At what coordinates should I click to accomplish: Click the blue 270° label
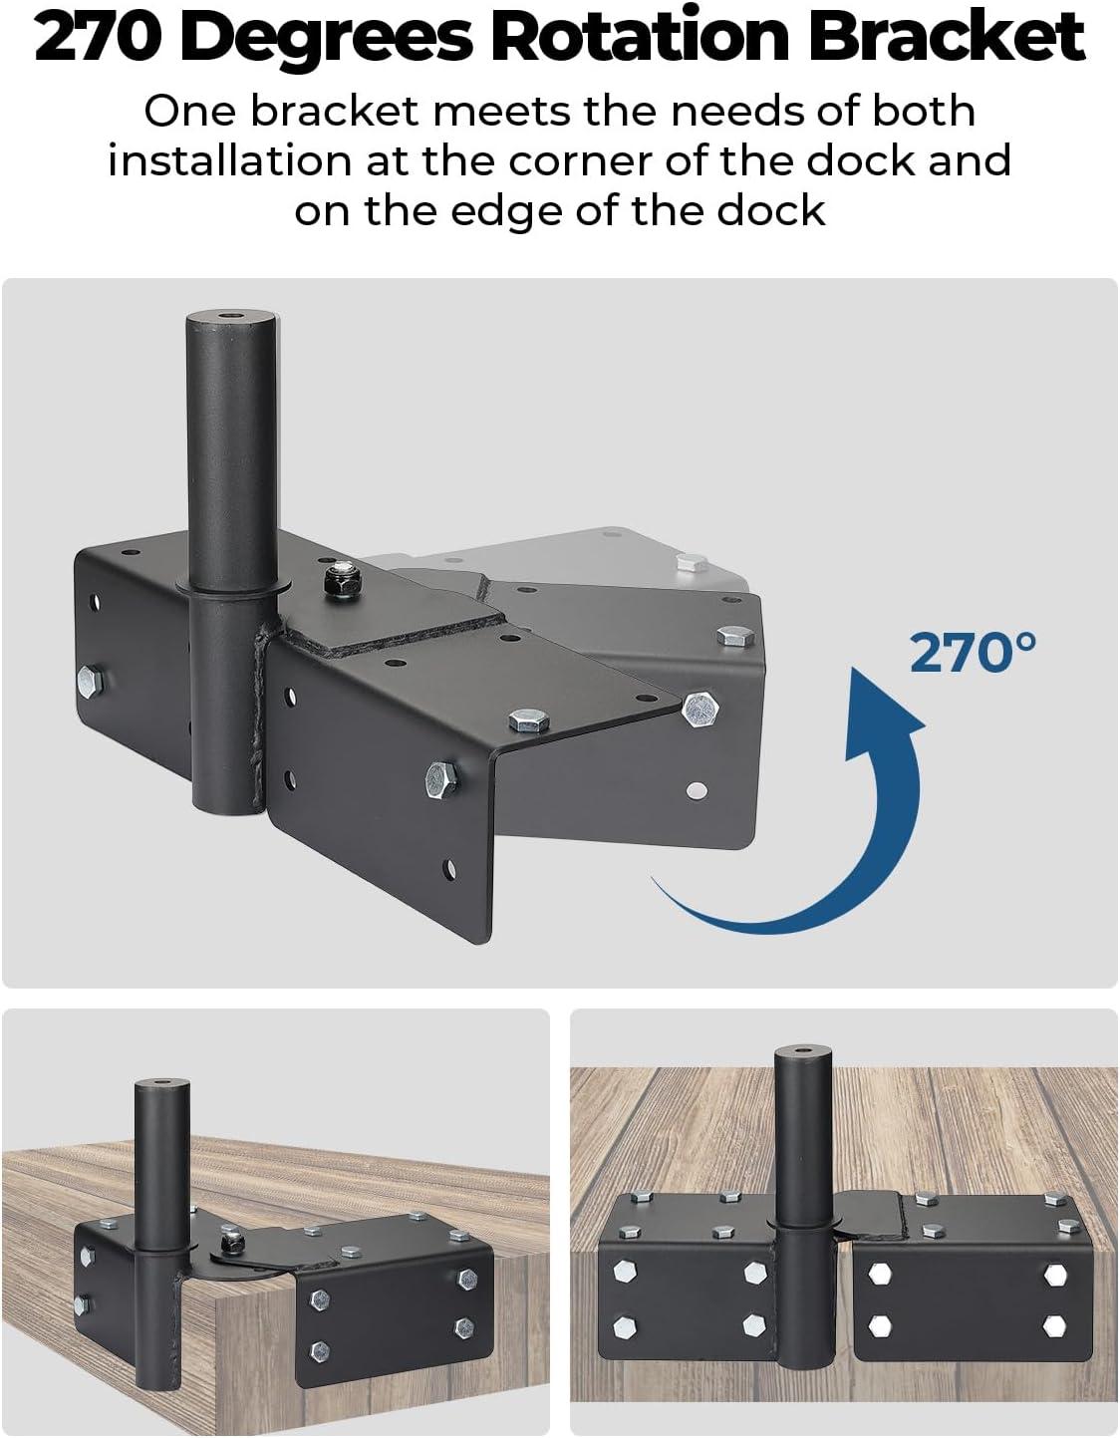973,653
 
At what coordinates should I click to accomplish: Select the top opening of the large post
231,318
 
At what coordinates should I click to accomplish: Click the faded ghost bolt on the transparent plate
692,563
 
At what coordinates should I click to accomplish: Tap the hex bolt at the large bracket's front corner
700,709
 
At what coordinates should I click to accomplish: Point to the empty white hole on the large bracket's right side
697,789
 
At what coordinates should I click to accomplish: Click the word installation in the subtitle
229,160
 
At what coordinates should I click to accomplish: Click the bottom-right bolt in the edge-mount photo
1054,1325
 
